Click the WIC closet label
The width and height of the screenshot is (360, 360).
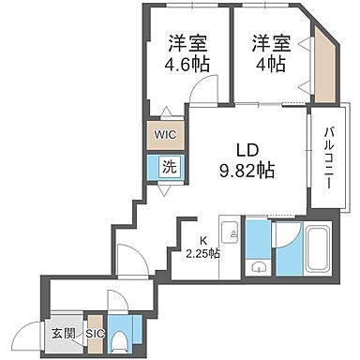pyautogui.click(x=165, y=133)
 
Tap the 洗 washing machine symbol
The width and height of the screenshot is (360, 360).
pyautogui.click(x=168, y=169)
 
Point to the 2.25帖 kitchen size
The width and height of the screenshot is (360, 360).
pyautogui.click(x=202, y=253)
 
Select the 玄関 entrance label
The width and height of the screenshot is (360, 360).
pyautogui.click(x=64, y=332)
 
